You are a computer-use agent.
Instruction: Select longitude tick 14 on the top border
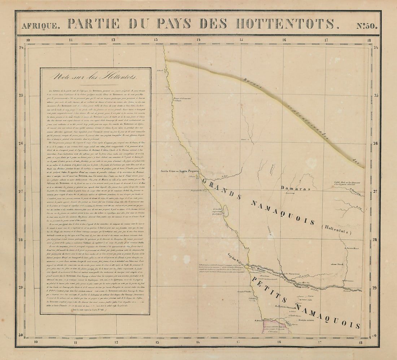click(198, 40)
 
